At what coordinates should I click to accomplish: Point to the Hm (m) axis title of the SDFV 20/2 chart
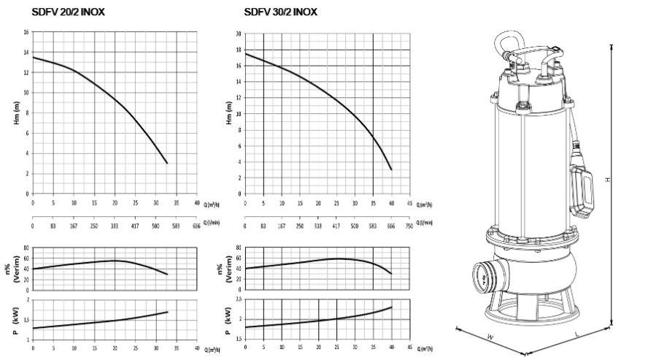click(x=16, y=113)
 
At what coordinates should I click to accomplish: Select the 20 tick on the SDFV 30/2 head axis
click(x=239, y=34)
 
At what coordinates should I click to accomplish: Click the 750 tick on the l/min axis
click(x=409, y=227)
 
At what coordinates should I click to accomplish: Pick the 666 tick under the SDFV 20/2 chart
click(x=196, y=227)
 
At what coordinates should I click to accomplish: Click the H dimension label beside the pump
click(x=606, y=179)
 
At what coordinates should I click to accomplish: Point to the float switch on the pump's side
click(x=584, y=191)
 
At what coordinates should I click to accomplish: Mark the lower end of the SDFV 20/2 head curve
click(x=167, y=163)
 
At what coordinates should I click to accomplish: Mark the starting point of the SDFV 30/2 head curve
click(x=245, y=54)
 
